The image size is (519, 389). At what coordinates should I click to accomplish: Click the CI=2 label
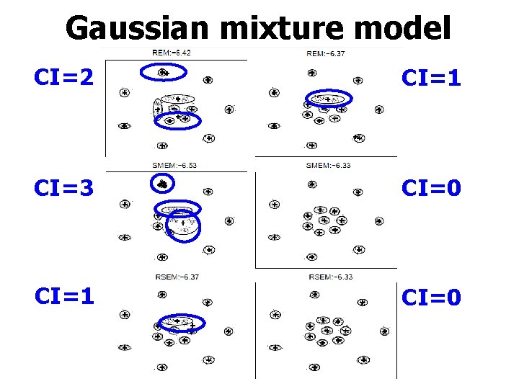coord(63,76)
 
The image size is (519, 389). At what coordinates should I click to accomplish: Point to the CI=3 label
coord(63,188)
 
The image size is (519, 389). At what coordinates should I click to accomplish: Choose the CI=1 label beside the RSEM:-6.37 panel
coord(63,295)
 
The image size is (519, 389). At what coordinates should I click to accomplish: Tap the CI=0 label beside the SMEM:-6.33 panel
coord(431,188)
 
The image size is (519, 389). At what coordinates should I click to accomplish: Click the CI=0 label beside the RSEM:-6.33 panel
coord(431,296)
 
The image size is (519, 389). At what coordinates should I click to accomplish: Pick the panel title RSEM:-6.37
coord(177,277)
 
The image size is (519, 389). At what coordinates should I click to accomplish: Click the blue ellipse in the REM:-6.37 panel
coord(328,99)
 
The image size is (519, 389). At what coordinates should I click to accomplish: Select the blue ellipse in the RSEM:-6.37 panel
coord(179,322)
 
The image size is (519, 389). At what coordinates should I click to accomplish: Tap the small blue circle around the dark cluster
coord(163,184)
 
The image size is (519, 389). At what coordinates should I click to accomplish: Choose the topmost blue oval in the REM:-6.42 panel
coord(163,71)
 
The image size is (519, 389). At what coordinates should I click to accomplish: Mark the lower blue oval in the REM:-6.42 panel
coord(177,120)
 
